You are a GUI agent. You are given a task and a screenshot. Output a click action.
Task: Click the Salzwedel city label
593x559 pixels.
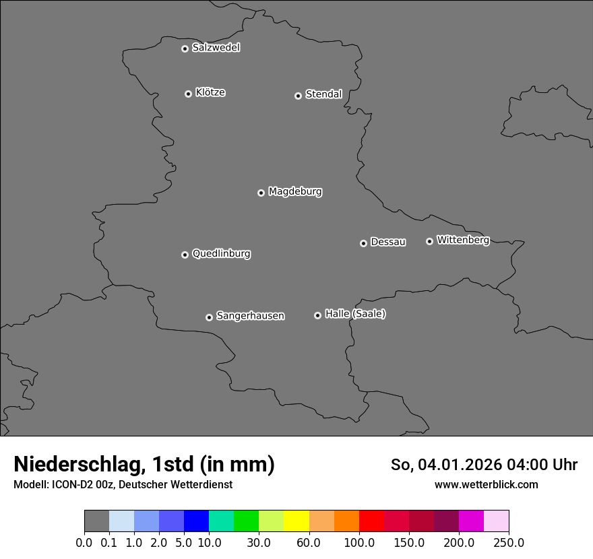tap(216, 48)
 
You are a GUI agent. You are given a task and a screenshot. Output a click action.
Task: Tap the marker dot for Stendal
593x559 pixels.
tap(298, 96)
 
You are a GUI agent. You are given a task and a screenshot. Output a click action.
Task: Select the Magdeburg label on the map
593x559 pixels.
tap(295, 192)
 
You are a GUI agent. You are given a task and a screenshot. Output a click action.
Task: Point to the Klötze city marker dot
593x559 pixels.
tap(188, 94)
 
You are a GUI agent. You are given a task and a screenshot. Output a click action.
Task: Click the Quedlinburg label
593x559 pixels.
tap(221, 254)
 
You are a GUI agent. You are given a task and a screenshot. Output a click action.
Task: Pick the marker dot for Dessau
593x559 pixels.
tap(363, 243)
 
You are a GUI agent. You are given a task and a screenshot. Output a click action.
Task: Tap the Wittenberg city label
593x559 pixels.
tap(463, 240)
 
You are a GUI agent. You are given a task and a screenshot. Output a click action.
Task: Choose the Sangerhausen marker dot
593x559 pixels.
tap(209, 317)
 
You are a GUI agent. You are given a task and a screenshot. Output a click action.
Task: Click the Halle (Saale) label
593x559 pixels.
tap(355, 314)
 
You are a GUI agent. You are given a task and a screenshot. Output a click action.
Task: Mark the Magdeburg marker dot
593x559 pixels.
tap(261, 193)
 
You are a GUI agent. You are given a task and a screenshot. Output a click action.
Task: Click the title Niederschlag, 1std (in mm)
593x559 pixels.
tap(144, 465)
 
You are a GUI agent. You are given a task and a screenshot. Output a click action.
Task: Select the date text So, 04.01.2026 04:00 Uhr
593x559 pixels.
tap(484, 465)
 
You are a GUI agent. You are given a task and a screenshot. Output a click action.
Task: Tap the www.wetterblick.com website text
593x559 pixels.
tap(486, 485)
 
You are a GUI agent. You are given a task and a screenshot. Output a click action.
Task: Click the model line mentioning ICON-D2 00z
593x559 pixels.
tap(123, 485)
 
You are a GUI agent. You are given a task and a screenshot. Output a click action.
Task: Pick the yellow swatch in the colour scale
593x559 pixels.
tap(296, 521)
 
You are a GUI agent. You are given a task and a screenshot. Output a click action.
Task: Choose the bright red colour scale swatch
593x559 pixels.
tap(371, 521)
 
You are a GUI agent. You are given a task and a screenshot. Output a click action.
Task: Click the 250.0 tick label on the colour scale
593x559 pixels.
tap(509, 543)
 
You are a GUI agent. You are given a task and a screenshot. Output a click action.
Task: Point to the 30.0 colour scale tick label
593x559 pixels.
tap(259, 543)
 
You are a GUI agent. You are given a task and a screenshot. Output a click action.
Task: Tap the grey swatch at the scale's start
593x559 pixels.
tap(96, 521)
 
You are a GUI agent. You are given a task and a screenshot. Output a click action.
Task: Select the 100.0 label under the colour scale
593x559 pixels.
tap(359, 543)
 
